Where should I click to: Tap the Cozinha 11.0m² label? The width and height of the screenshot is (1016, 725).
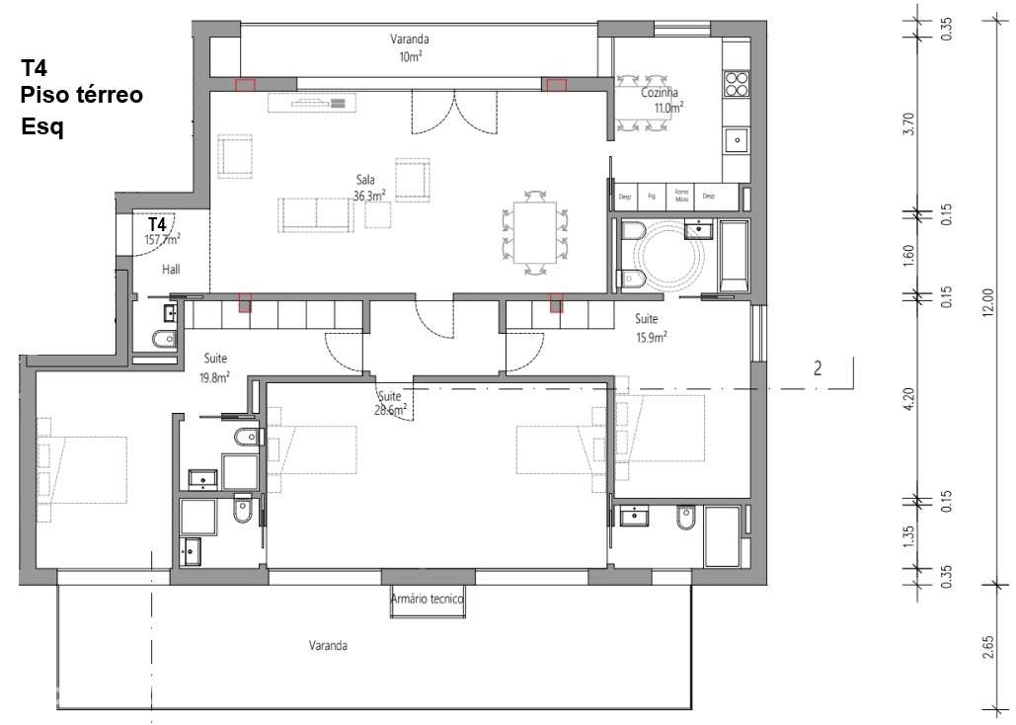(649, 99)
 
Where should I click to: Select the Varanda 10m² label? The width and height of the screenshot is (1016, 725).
(409, 47)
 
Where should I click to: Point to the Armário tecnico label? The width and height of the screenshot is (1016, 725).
(427, 598)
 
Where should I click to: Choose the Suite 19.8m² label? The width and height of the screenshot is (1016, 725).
(216, 367)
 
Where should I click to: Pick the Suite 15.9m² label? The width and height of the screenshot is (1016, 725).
(649, 328)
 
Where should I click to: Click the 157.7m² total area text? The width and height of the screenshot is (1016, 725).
(162, 239)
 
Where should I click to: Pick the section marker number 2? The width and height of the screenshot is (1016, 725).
(817, 369)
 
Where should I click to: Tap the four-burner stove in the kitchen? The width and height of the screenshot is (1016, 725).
(737, 83)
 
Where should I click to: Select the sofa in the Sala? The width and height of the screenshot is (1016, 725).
(316, 214)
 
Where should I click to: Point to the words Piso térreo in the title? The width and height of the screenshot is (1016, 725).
(82, 95)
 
